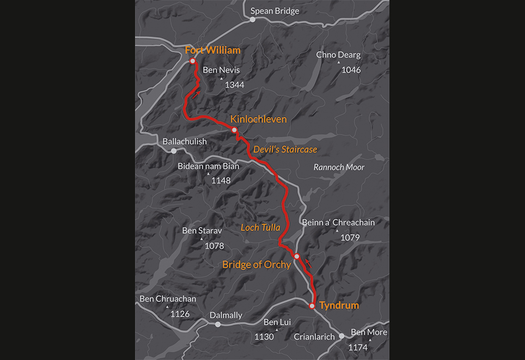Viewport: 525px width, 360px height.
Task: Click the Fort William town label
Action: coord(212,50)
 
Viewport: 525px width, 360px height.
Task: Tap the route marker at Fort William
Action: coord(193,60)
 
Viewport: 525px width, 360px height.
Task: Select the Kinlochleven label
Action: coord(258,119)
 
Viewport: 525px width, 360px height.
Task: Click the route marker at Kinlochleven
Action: coord(234,130)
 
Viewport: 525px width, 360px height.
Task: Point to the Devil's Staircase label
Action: coord(285,149)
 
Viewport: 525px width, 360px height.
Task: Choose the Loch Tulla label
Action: coord(260,228)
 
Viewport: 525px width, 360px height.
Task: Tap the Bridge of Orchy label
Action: coord(257,265)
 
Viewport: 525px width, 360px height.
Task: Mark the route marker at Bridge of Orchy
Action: coord(297,256)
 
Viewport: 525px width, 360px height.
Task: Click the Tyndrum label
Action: coord(339,305)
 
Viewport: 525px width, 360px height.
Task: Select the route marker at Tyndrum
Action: coord(312,306)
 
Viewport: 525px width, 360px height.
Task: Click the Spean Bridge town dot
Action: coord(253,20)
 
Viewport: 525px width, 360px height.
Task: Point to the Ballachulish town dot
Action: coord(174,151)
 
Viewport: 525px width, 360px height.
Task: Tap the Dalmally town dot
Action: coord(218,325)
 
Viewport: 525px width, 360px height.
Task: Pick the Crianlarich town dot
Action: coord(341,336)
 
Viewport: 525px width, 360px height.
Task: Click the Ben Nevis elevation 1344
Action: coord(234,85)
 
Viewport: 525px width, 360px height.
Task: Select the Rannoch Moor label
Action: coord(339,167)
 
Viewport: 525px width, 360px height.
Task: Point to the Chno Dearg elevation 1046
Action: coord(351,70)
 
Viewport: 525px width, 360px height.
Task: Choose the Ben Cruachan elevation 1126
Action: coord(180,314)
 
